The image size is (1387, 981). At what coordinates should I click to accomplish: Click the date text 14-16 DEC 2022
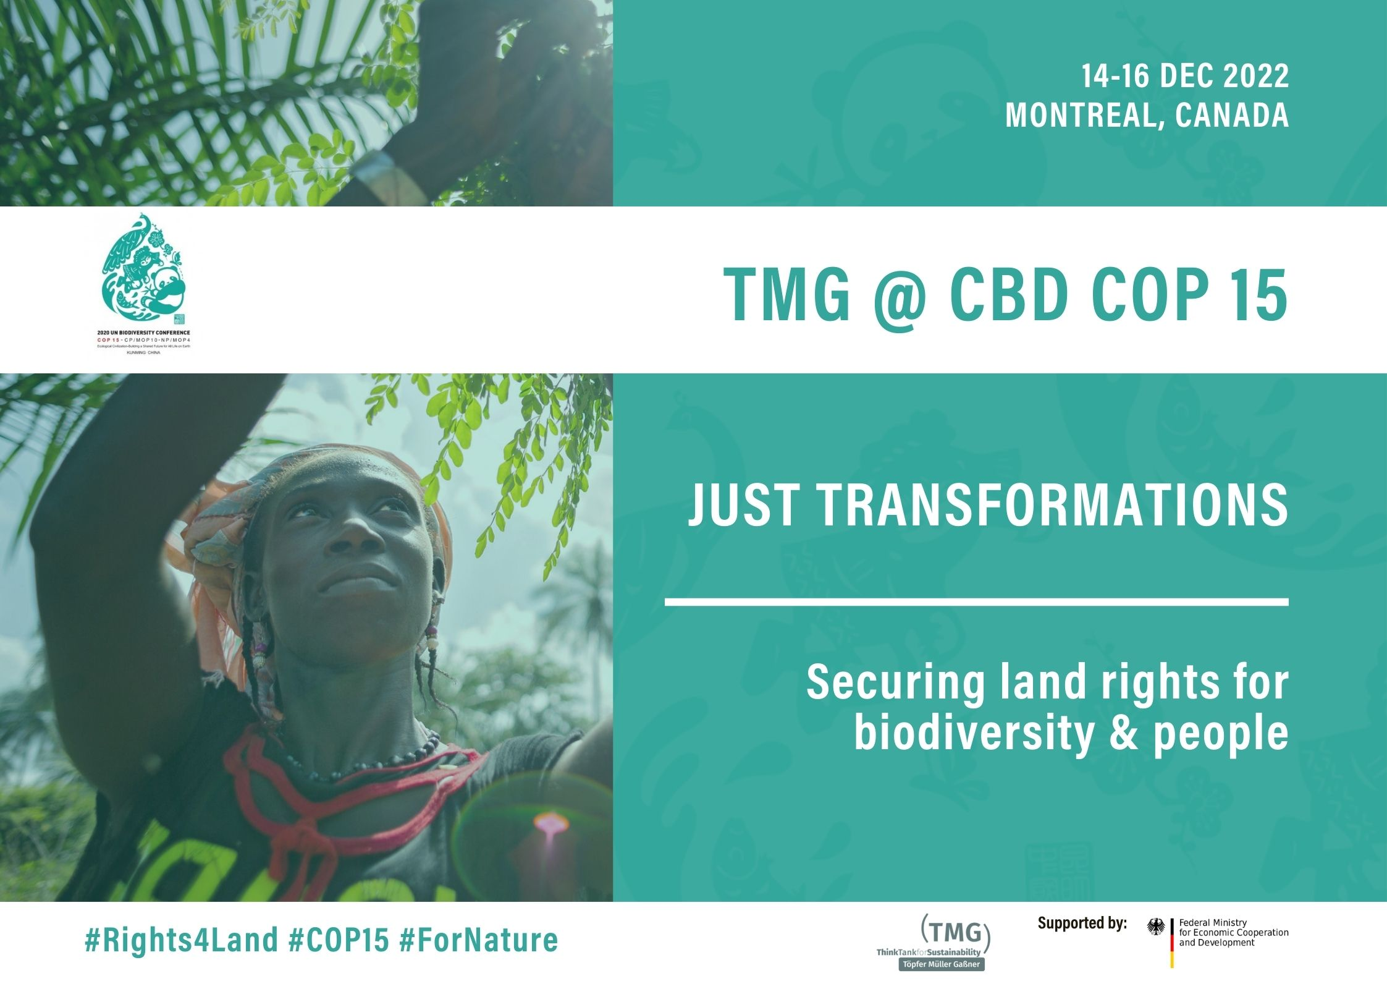pos(1184,76)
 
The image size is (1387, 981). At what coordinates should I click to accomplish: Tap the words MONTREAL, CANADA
pos(1147,115)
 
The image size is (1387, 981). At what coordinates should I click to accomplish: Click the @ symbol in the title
pos(900,295)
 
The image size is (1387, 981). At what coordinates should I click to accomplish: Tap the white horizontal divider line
pos(976,601)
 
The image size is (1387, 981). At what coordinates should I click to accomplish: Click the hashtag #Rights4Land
pos(181,940)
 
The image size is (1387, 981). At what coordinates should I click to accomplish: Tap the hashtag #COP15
pos(339,940)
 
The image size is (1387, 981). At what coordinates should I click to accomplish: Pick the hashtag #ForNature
pos(479,940)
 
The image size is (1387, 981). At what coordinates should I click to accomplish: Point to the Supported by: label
pos(1082,923)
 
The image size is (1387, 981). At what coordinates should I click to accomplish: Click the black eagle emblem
pos(1156,927)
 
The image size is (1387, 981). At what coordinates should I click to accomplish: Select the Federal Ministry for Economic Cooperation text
pos(1233,933)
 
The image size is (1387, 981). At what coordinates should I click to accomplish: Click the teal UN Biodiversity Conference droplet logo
pos(144,266)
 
